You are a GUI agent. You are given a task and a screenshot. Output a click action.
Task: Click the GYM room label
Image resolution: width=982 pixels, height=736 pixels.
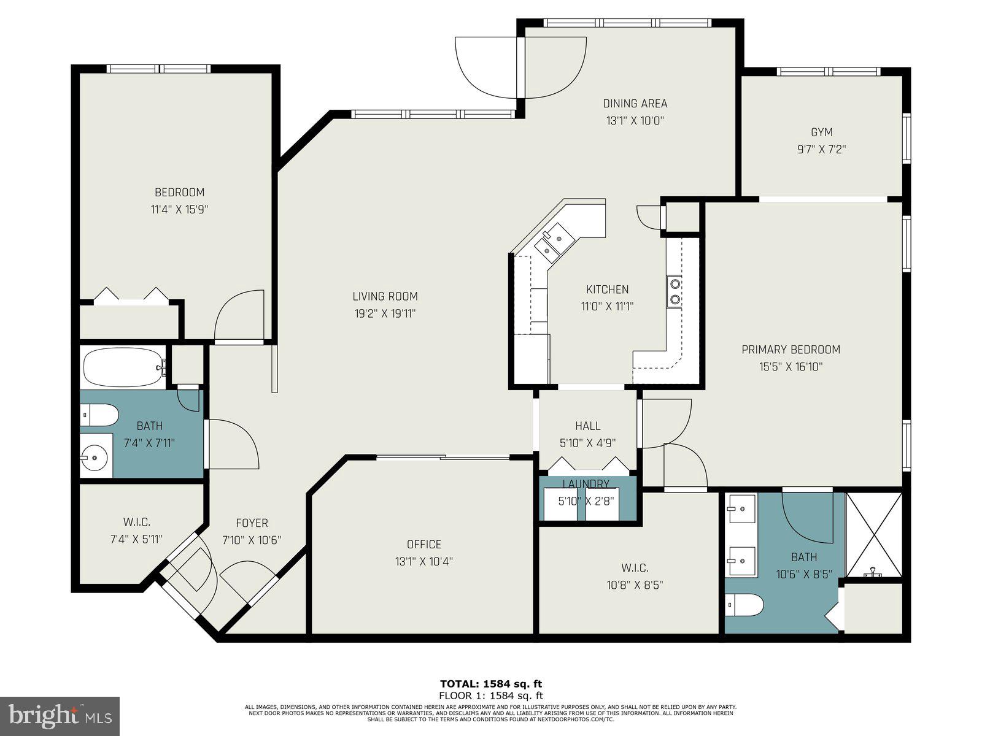[x=822, y=132]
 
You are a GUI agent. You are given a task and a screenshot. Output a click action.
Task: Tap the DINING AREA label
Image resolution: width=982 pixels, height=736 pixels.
[x=635, y=104]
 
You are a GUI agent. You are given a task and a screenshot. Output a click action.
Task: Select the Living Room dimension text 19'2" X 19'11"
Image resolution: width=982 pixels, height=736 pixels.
[x=385, y=313]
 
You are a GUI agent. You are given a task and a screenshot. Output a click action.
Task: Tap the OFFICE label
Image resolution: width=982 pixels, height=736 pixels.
[x=423, y=544]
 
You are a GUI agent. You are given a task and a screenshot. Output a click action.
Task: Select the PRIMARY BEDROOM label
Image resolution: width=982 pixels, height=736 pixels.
[x=791, y=350]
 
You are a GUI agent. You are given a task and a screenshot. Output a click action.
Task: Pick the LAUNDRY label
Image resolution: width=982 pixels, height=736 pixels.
[x=586, y=484]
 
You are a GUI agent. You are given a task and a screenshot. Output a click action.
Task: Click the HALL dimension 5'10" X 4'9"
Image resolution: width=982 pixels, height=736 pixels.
[x=587, y=443]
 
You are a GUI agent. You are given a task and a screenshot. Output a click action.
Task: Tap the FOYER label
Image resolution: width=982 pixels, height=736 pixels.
[x=252, y=523]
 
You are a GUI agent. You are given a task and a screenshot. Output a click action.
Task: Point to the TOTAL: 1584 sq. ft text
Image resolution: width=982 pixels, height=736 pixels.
[x=491, y=684]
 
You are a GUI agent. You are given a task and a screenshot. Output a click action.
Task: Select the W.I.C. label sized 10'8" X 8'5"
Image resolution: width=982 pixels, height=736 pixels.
[x=635, y=568]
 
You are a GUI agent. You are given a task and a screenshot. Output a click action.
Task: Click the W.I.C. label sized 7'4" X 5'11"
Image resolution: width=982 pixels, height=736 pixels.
[x=136, y=522]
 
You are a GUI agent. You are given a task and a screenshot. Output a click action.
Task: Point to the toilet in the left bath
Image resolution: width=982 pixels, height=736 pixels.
[x=99, y=415]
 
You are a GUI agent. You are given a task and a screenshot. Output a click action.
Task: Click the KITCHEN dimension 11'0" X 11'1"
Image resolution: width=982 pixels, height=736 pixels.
[x=607, y=307]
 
